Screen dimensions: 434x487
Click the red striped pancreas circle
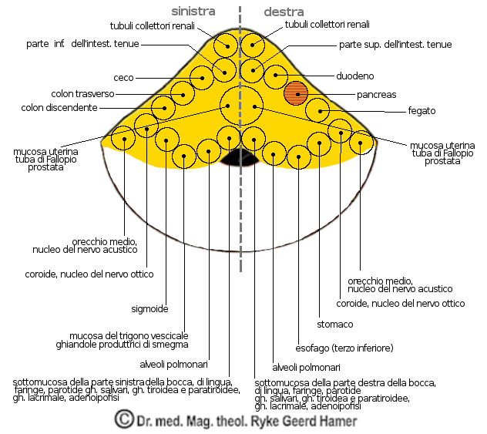(x=296, y=93)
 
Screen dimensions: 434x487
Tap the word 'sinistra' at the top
(x=193, y=12)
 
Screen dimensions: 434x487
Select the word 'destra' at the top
(x=284, y=12)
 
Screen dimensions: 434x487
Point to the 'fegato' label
(x=422, y=111)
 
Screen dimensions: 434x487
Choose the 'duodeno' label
(x=355, y=76)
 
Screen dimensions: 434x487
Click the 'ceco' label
(x=124, y=77)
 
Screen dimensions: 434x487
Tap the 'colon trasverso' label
(x=83, y=94)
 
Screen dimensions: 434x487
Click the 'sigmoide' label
(x=150, y=308)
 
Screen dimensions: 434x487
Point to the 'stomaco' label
(x=335, y=324)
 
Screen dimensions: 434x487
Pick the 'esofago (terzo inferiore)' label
(x=344, y=348)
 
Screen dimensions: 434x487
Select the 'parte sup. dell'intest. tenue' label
(x=395, y=45)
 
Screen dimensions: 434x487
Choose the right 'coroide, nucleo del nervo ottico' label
(x=401, y=304)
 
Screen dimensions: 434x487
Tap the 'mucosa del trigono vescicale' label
(x=129, y=335)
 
